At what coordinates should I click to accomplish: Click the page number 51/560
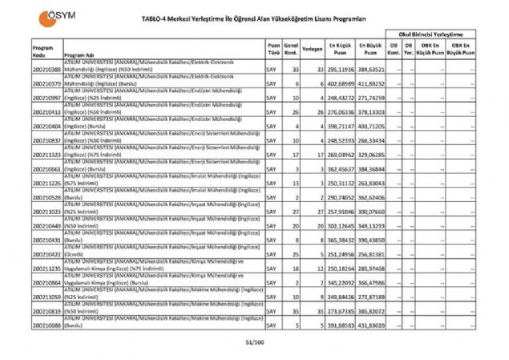pyautogui.click(x=254, y=343)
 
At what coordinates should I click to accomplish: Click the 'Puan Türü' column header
pyautogui.click(x=273, y=49)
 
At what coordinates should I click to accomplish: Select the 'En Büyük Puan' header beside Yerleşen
pyautogui.click(x=371, y=49)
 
